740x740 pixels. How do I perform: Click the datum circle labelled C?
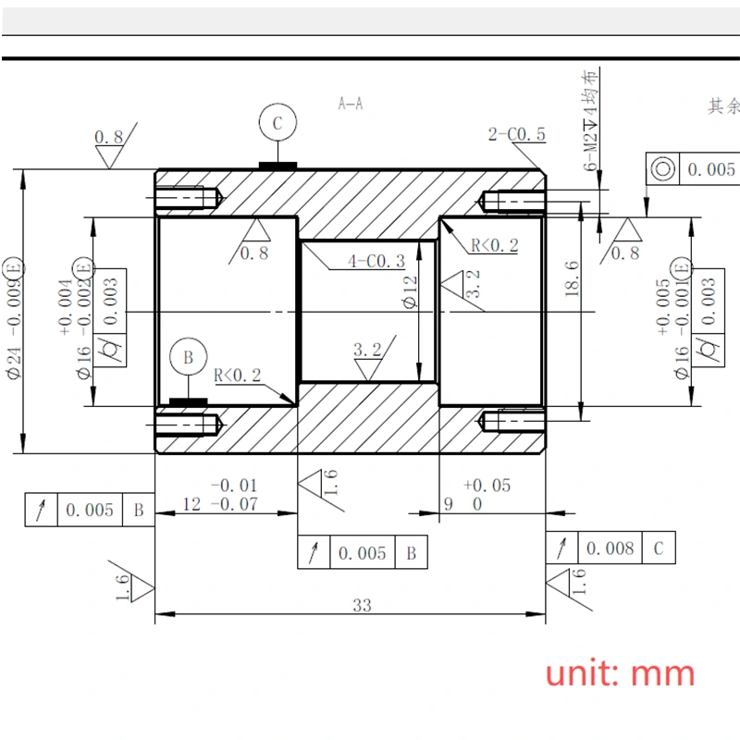click(x=277, y=121)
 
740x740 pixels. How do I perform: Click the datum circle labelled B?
click(x=187, y=357)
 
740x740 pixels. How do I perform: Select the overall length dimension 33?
click(x=362, y=606)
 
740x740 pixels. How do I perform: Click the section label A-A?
click(x=351, y=104)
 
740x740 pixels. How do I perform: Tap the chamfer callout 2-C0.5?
click(x=517, y=135)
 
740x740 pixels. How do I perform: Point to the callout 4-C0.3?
click(x=376, y=262)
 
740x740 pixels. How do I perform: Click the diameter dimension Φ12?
click(x=411, y=292)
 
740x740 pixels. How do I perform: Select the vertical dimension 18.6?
click(x=572, y=278)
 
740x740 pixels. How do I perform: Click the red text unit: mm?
click(x=620, y=672)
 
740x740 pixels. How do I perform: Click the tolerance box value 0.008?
click(x=610, y=549)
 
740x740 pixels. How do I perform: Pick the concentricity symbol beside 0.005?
click(x=662, y=169)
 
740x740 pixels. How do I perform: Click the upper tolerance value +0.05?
click(x=487, y=486)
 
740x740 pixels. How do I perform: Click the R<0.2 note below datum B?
click(x=238, y=376)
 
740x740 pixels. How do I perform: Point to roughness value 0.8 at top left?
click(x=109, y=137)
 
